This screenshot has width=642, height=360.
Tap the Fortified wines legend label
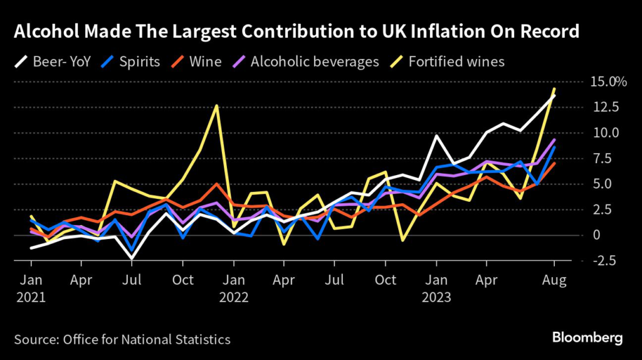point(456,61)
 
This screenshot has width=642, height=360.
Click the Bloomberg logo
point(587,338)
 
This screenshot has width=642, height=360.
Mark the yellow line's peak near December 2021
point(216,105)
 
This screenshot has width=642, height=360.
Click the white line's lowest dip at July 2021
point(131,258)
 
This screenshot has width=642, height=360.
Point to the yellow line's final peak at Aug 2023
point(554,89)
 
